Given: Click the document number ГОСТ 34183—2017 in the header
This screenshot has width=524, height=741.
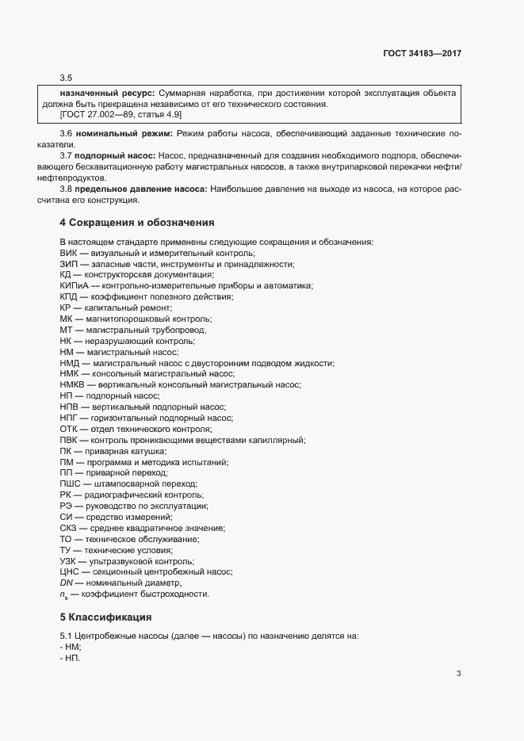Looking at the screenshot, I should tap(420, 53).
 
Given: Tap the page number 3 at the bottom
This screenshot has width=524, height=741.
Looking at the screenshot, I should tap(458, 674).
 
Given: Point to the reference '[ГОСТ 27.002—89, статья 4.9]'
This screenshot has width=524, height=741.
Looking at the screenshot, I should tap(115, 114).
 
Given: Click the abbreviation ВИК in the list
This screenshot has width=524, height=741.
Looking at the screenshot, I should tap(68, 252).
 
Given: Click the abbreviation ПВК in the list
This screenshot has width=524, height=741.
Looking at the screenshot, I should tap(69, 440).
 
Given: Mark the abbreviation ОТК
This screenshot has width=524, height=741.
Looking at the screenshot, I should tap(69, 429).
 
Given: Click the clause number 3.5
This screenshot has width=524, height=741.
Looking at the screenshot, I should tap(66, 77).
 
